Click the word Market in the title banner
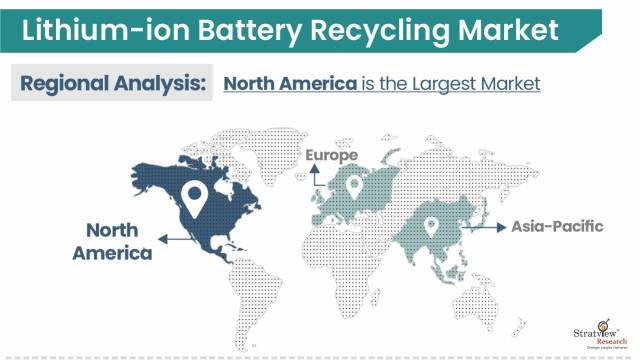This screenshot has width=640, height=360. coord(505,31)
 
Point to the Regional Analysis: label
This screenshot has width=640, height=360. coord(110,84)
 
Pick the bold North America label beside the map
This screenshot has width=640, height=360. coord(111,241)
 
